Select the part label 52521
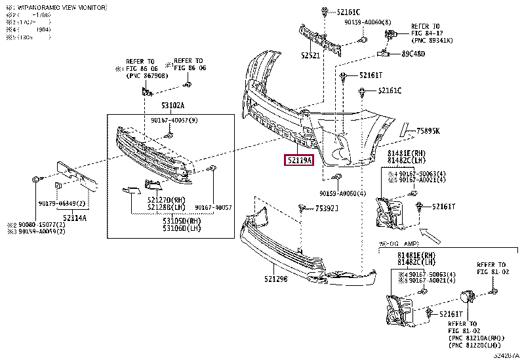(x=310, y=55)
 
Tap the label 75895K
(x=428, y=131)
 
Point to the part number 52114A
(x=75, y=217)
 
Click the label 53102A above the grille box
(x=173, y=106)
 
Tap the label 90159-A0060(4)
(x=343, y=193)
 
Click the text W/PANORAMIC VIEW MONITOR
(x=58, y=7)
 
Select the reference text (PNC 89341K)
(x=431, y=39)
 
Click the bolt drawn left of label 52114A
(x=35, y=179)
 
